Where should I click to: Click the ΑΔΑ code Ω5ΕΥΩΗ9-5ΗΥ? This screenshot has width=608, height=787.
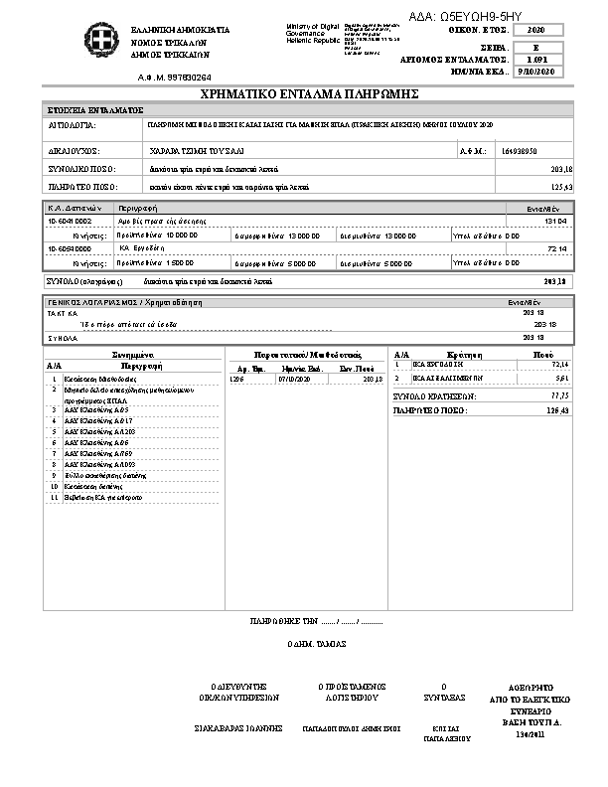(x=465, y=17)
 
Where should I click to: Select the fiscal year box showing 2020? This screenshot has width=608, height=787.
(x=537, y=32)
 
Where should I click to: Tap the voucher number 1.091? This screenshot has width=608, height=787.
(x=537, y=60)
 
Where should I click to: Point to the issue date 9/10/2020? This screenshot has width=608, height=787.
(x=537, y=73)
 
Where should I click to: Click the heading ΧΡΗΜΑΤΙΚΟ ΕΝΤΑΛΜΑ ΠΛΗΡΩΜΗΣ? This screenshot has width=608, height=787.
(x=308, y=93)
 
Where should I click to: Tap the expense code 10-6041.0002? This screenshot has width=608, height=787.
(x=70, y=221)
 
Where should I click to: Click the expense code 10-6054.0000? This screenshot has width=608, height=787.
(x=70, y=246)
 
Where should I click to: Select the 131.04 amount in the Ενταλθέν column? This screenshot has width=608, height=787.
(x=554, y=221)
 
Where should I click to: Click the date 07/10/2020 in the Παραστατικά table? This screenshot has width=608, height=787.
(x=295, y=379)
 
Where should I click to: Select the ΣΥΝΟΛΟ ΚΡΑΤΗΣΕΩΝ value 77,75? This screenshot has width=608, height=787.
(x=557, y=395)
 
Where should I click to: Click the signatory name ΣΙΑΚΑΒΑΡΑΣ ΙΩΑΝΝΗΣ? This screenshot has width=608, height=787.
(x=239, y=728)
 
